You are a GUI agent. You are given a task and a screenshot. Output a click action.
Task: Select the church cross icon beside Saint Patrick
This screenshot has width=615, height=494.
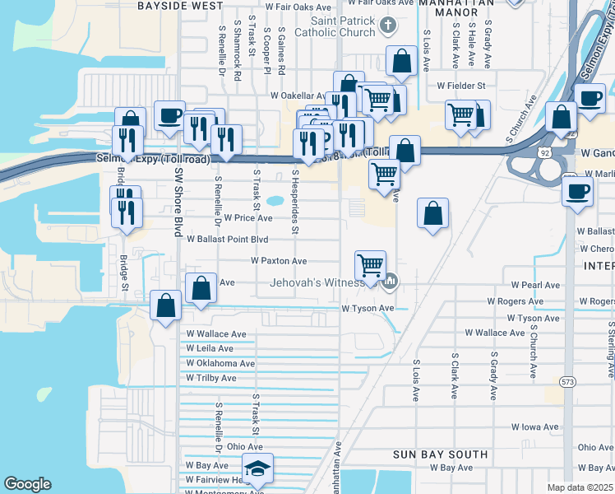(390, 26)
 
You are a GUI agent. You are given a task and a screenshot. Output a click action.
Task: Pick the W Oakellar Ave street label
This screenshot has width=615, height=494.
(300, 96)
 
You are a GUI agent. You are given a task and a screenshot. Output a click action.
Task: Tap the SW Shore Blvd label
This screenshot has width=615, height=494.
(178, 202)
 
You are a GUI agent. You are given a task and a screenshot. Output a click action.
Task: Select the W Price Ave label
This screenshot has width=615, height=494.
(247, 218)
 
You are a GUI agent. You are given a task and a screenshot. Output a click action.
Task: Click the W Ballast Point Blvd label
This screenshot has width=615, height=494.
(228, 240)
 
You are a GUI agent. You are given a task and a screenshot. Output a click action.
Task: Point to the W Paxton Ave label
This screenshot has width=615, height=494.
(279, 261)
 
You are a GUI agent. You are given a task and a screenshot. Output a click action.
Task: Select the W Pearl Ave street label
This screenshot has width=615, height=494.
(535, 285)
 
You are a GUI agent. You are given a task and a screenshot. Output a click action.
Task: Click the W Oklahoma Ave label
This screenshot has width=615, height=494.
(220, 363)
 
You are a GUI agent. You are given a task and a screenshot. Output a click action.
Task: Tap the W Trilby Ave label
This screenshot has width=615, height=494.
(211, 378)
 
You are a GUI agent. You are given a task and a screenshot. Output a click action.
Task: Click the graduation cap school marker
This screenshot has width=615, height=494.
(258, 470)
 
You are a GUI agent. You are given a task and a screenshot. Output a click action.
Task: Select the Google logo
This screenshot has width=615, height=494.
(27, 484)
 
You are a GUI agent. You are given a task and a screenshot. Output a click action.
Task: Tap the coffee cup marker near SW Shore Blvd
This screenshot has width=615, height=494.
(169, 115)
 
